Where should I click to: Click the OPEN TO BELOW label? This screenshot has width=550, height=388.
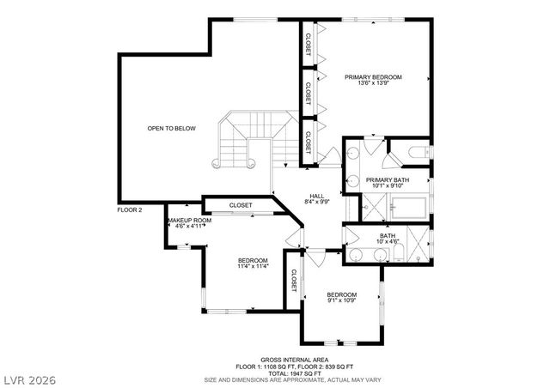(x=171, y=129)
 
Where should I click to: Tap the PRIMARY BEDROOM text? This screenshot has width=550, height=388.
(x=374, y=77)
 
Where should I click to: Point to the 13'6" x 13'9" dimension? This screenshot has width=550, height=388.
(x=374, y=84)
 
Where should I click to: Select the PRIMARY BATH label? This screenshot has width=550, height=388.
(x=388, y=179)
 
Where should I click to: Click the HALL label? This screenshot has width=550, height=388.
(x=316, y=196)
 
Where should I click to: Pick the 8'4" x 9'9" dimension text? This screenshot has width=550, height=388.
(x=316, y=202)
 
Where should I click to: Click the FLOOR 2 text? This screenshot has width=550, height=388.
(x=130, y=209)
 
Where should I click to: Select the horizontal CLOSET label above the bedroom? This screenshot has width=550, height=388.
(x=241, y=205)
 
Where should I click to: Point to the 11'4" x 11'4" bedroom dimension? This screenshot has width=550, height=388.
(x=253, y=267)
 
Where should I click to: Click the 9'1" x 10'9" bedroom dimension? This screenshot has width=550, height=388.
(x=340, y=300)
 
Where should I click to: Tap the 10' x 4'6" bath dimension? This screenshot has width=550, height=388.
(x=388, y=242)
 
